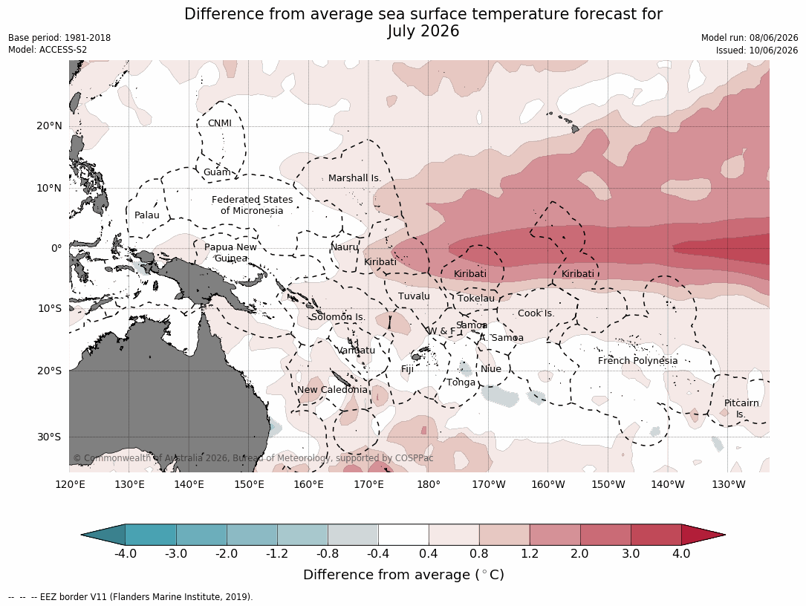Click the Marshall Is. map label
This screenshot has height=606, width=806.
pyautogui.click(x=354, y=177)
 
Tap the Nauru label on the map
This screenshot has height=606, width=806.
pyautogui.click(x=345, y=247)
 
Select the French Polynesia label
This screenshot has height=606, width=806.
pyautogui.click(x=637, y=361)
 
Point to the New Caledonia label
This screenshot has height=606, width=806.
pyautogui.click(x=332, y=390)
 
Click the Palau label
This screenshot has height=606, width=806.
pyautogui.click(x=147, y=215)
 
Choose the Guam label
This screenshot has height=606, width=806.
pyautogui.click(x=217, y=172)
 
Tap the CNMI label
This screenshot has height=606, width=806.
pyautogui.click(x=219, y=123)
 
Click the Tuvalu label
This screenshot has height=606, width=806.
pyautogui.click(x=414, y=296)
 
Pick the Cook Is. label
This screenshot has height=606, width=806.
pyautogui.click(x=536, y=313)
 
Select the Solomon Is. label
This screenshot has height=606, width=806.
pyautogui.click(x=338, y=316)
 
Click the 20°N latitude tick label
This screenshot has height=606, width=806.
pyautogui.click(x=49, y=126)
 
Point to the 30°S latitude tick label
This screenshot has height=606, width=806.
pyautogui.click(x=48, y=437)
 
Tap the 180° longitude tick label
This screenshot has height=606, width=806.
pyautogui.click(x=428, y=484)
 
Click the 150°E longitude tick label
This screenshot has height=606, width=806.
pyautogui.click(x=249, y=484)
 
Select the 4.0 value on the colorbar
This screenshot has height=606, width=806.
pyautogui.click(x=681, y=553)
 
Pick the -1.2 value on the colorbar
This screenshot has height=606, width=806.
pyautogui.click(x=277, y=553)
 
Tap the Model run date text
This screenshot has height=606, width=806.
pyautogui.click(x=750, y=38)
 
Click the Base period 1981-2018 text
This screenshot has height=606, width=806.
pyautogui.click(x=59, y=38)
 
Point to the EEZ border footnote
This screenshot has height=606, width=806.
pyautogui.click(x=131, y=597)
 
